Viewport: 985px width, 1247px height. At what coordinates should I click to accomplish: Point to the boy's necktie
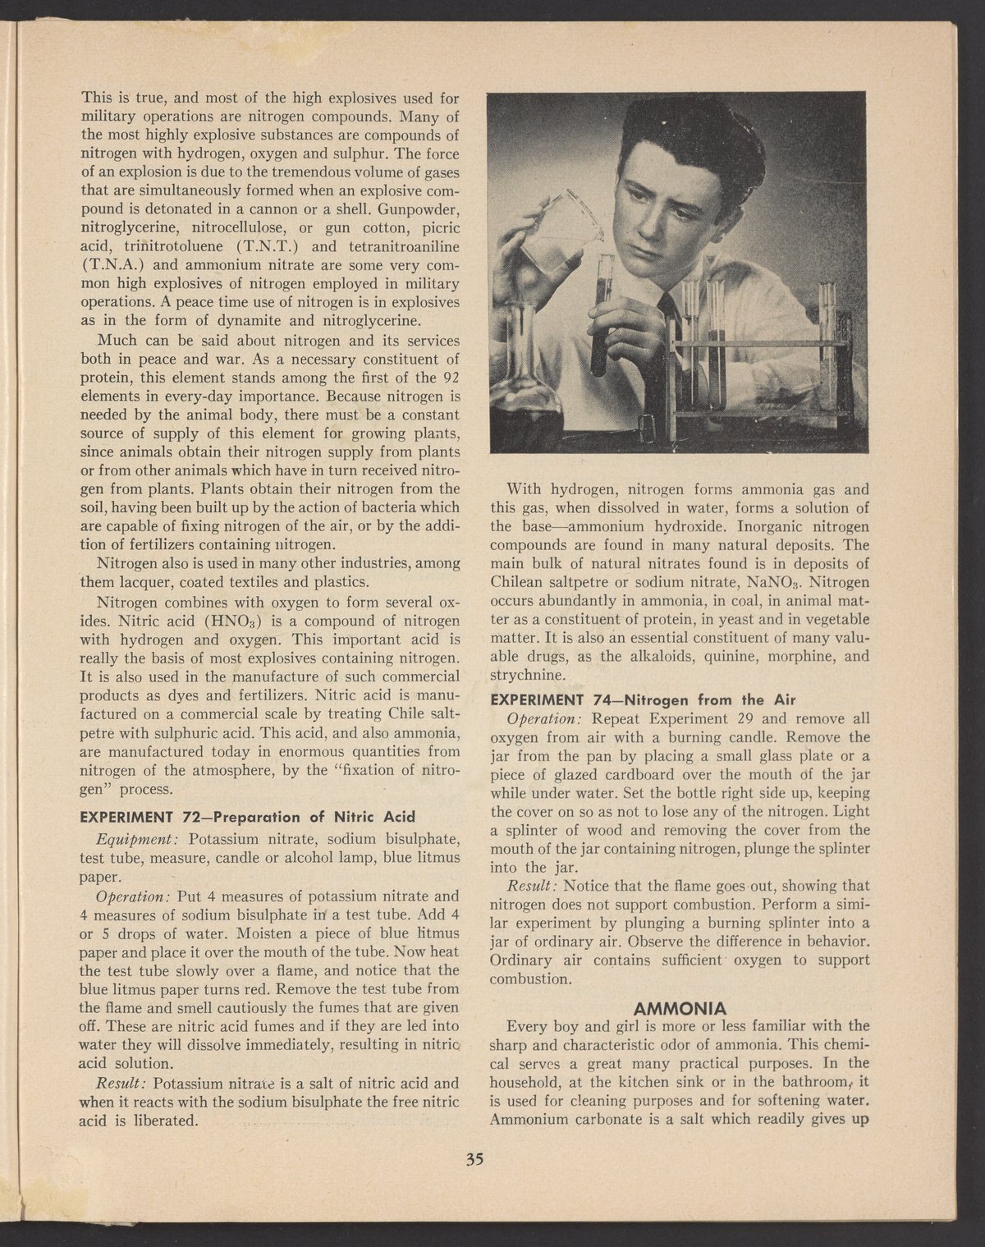[673, 324]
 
